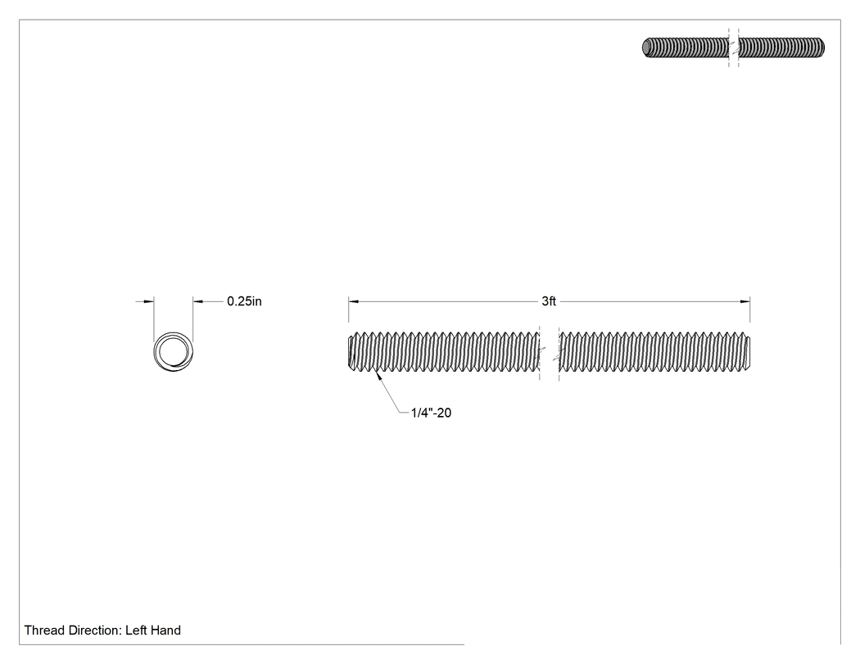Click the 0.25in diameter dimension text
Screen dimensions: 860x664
pyautogui.click(x=244, y=301)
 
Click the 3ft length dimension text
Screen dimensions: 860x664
pyautogui.click(x=549, y=301)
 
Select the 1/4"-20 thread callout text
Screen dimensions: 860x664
pyautogui.click(x=431, y=413)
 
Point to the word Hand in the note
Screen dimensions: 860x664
pyautogui.click(x=167, y=630)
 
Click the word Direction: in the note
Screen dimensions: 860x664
pyautogui.click(x=94, y=630)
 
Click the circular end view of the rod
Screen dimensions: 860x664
pyautogui.click(x=174, y=351)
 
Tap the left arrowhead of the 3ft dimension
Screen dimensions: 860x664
pyautogui.click(x=354, y=301)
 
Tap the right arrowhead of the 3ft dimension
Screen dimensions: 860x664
pyautogui.click(x=745, y=301)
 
